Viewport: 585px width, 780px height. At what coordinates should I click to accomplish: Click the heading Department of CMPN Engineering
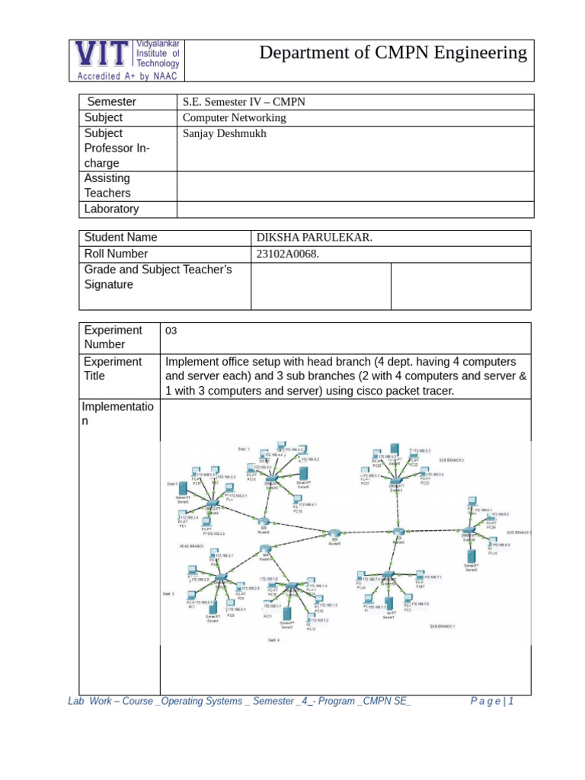(x=392, y=53)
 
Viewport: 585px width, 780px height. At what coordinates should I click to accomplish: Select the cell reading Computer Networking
(x=234, y=117)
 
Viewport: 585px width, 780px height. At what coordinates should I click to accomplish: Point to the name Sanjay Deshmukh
(x=225, y=133)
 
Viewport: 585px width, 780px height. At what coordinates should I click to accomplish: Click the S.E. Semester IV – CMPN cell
(x=244, y=101)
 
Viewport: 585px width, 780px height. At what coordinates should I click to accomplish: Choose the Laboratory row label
(x=111, y=209)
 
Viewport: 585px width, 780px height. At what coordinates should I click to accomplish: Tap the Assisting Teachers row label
(x=107, y=186)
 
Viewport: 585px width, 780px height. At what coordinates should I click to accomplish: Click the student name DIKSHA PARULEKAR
(x=315, y=238)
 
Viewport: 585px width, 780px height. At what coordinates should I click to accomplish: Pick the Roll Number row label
(x=116, y=254)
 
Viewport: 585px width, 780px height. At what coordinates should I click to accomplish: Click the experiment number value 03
(x=171, y=331)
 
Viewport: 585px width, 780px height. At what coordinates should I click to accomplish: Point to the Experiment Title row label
(x=112, y=369)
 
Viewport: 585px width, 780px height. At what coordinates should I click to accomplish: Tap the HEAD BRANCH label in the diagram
(x=192, y=547)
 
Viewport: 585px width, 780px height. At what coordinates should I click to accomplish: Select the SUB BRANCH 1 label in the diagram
(x=443, y=626)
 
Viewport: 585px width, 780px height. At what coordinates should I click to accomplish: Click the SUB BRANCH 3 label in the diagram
(x=451, y=461)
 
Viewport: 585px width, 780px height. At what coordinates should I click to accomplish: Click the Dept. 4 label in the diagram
(x=273, y=641)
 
